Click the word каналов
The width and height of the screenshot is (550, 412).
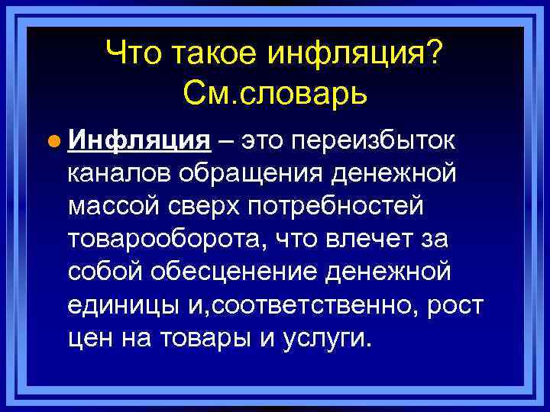pos(118,174)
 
